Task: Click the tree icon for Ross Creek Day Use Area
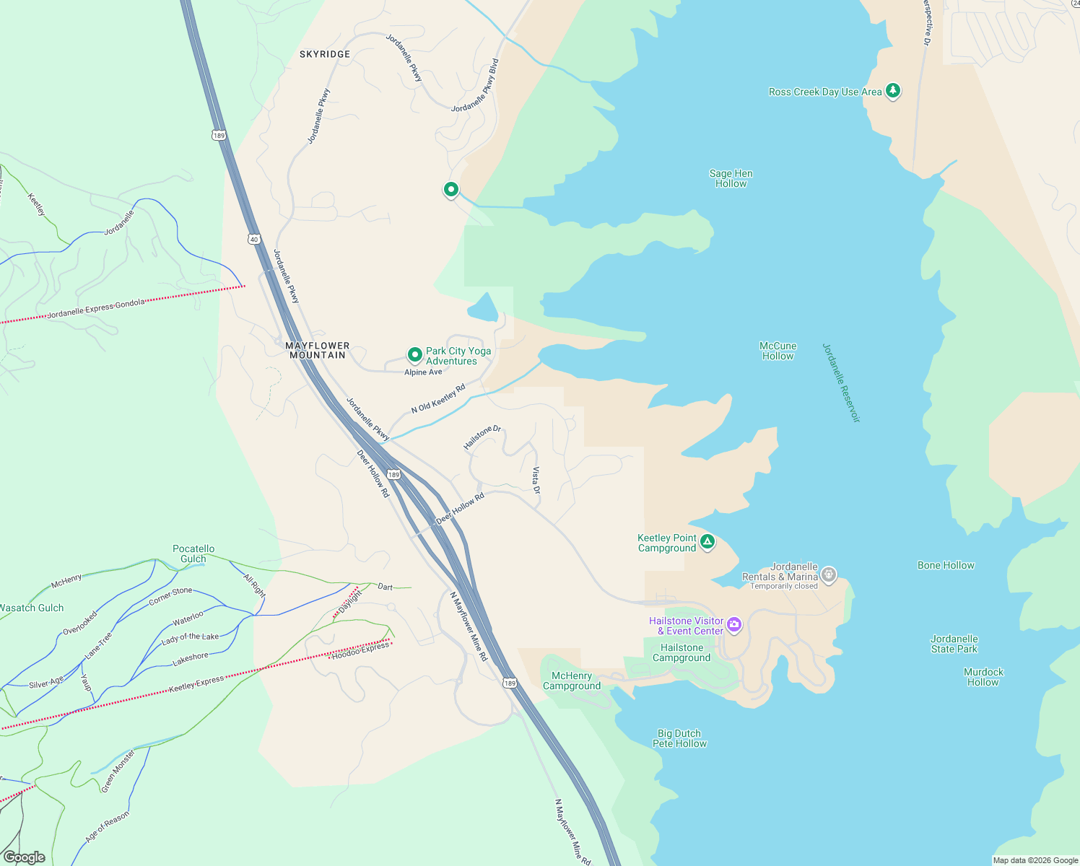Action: [x=893, y=91]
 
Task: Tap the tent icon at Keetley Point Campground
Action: [x=707, y=542]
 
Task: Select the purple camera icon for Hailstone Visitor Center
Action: [x=734, y=625]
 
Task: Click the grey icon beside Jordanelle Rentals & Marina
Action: [x=829, y=574]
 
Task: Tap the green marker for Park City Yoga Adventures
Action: [x=414, y=354]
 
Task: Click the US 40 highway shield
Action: [x=253, y=239]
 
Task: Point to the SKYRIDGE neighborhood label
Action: [x=325, y=54]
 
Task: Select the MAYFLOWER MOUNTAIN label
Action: [x=317, y=350]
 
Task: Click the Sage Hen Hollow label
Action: [x=731, y=178]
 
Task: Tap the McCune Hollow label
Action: [x=778, y=351]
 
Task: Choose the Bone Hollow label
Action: [x=946, y=565]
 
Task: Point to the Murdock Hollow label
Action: [x=983, y=677]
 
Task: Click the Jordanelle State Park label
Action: [x=954, y=644]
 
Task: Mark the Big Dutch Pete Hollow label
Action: [x=679, y=738]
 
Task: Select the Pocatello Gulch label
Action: [x=193, y=554]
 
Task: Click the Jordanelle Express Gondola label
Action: [x=96, y=309]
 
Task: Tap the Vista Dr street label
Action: [x=536, y=480]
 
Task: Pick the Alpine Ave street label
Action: [x=423, y=372]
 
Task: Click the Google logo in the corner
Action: [x=25, y=857]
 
